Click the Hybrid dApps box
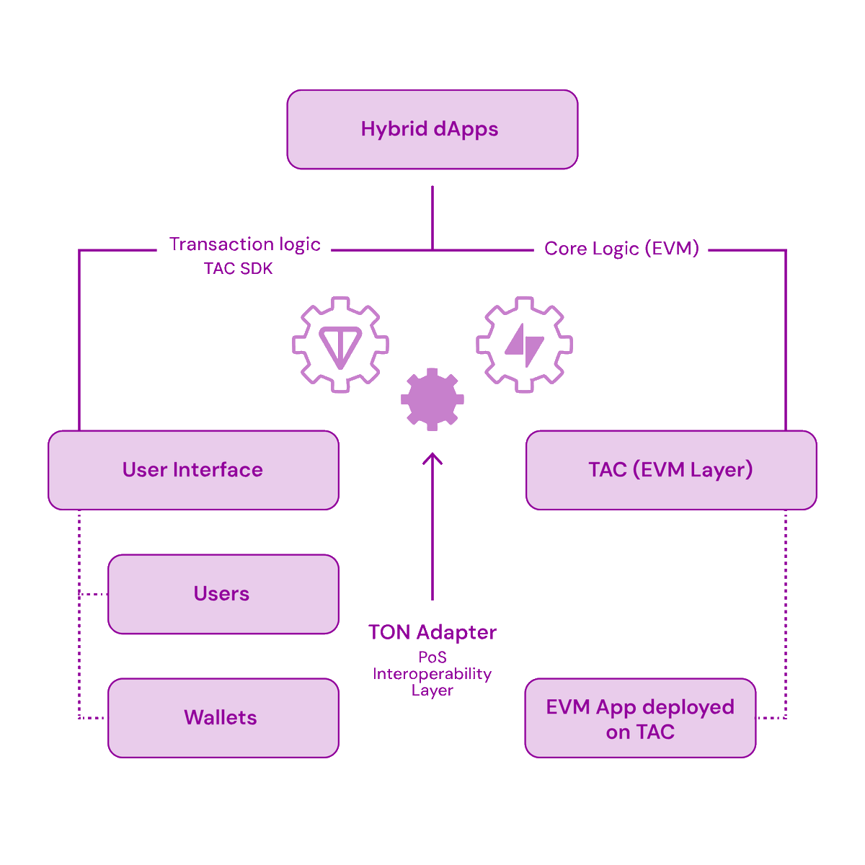click(x=432, y=129)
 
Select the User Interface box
click(x=193, y=470)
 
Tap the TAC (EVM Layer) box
click(x=671, y=470)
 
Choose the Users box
click(x=223, y=594)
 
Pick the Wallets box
click(x=223, y=718)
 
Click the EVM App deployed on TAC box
click(x=641, y=718)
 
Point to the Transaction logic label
click(x=244, y=244)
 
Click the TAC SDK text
click(x=238, y=268)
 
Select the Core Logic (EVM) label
click(x=621, y=248)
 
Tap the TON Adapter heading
click(x=432, y=632)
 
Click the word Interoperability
click(x=432, y=674)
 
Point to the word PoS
click(x=432, y=657)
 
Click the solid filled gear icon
click(x=432, y=399)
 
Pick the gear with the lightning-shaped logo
click(x=524, y=345)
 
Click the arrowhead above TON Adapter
click(x=432, y=458)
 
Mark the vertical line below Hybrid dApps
click(x=432, y=218)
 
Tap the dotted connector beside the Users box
click(x=94, y=594)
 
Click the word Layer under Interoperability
click(x=432, y=691)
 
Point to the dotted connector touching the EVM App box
click(x=771, y=718)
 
